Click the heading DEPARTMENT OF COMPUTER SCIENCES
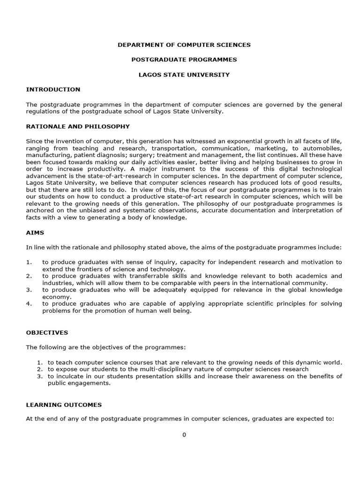pos(184,45)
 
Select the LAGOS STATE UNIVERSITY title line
pos(184,75)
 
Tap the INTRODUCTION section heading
pos(53,90)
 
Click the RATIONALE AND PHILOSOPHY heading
pos(78,127)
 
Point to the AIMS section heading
pos(35,232)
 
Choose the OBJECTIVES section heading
pos(47,333)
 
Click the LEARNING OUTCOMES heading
pos(64,405)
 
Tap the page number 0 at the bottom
pos(184,435)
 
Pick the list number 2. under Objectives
pos(40,369)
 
